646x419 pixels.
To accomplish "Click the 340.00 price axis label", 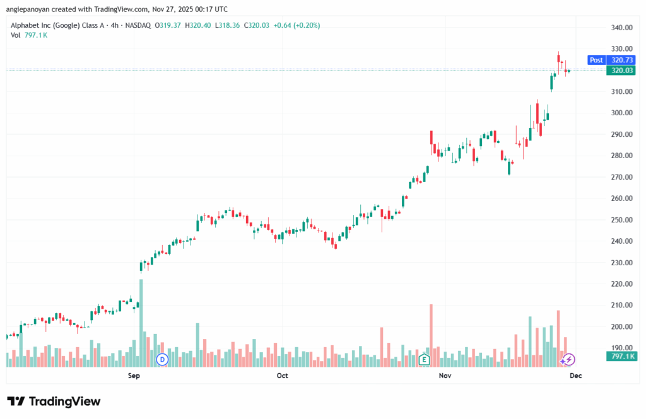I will tap(621, 28).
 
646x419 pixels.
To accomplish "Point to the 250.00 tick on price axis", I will tap(621, 220).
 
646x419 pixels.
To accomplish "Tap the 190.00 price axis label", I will tap(621, 348).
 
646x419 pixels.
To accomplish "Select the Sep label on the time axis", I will tap(133, 376).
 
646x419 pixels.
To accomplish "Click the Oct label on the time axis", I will tap(282, 376).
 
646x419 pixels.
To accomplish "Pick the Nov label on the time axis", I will tap(445, 376).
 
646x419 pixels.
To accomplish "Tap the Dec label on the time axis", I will tap(575, 376).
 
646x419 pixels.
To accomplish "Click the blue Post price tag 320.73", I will tap(605, 60).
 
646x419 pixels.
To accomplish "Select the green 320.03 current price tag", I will tap(621, 71).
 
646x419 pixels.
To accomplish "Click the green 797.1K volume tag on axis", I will tap(621, 357).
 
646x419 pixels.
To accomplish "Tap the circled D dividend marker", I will tap(162, 359).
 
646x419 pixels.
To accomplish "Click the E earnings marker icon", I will tap(425, 359).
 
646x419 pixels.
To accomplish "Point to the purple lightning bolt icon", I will tap(568, 360).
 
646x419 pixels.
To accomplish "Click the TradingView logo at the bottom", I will tap(54, 401).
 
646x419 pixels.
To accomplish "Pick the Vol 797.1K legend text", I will tap(29, 35).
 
